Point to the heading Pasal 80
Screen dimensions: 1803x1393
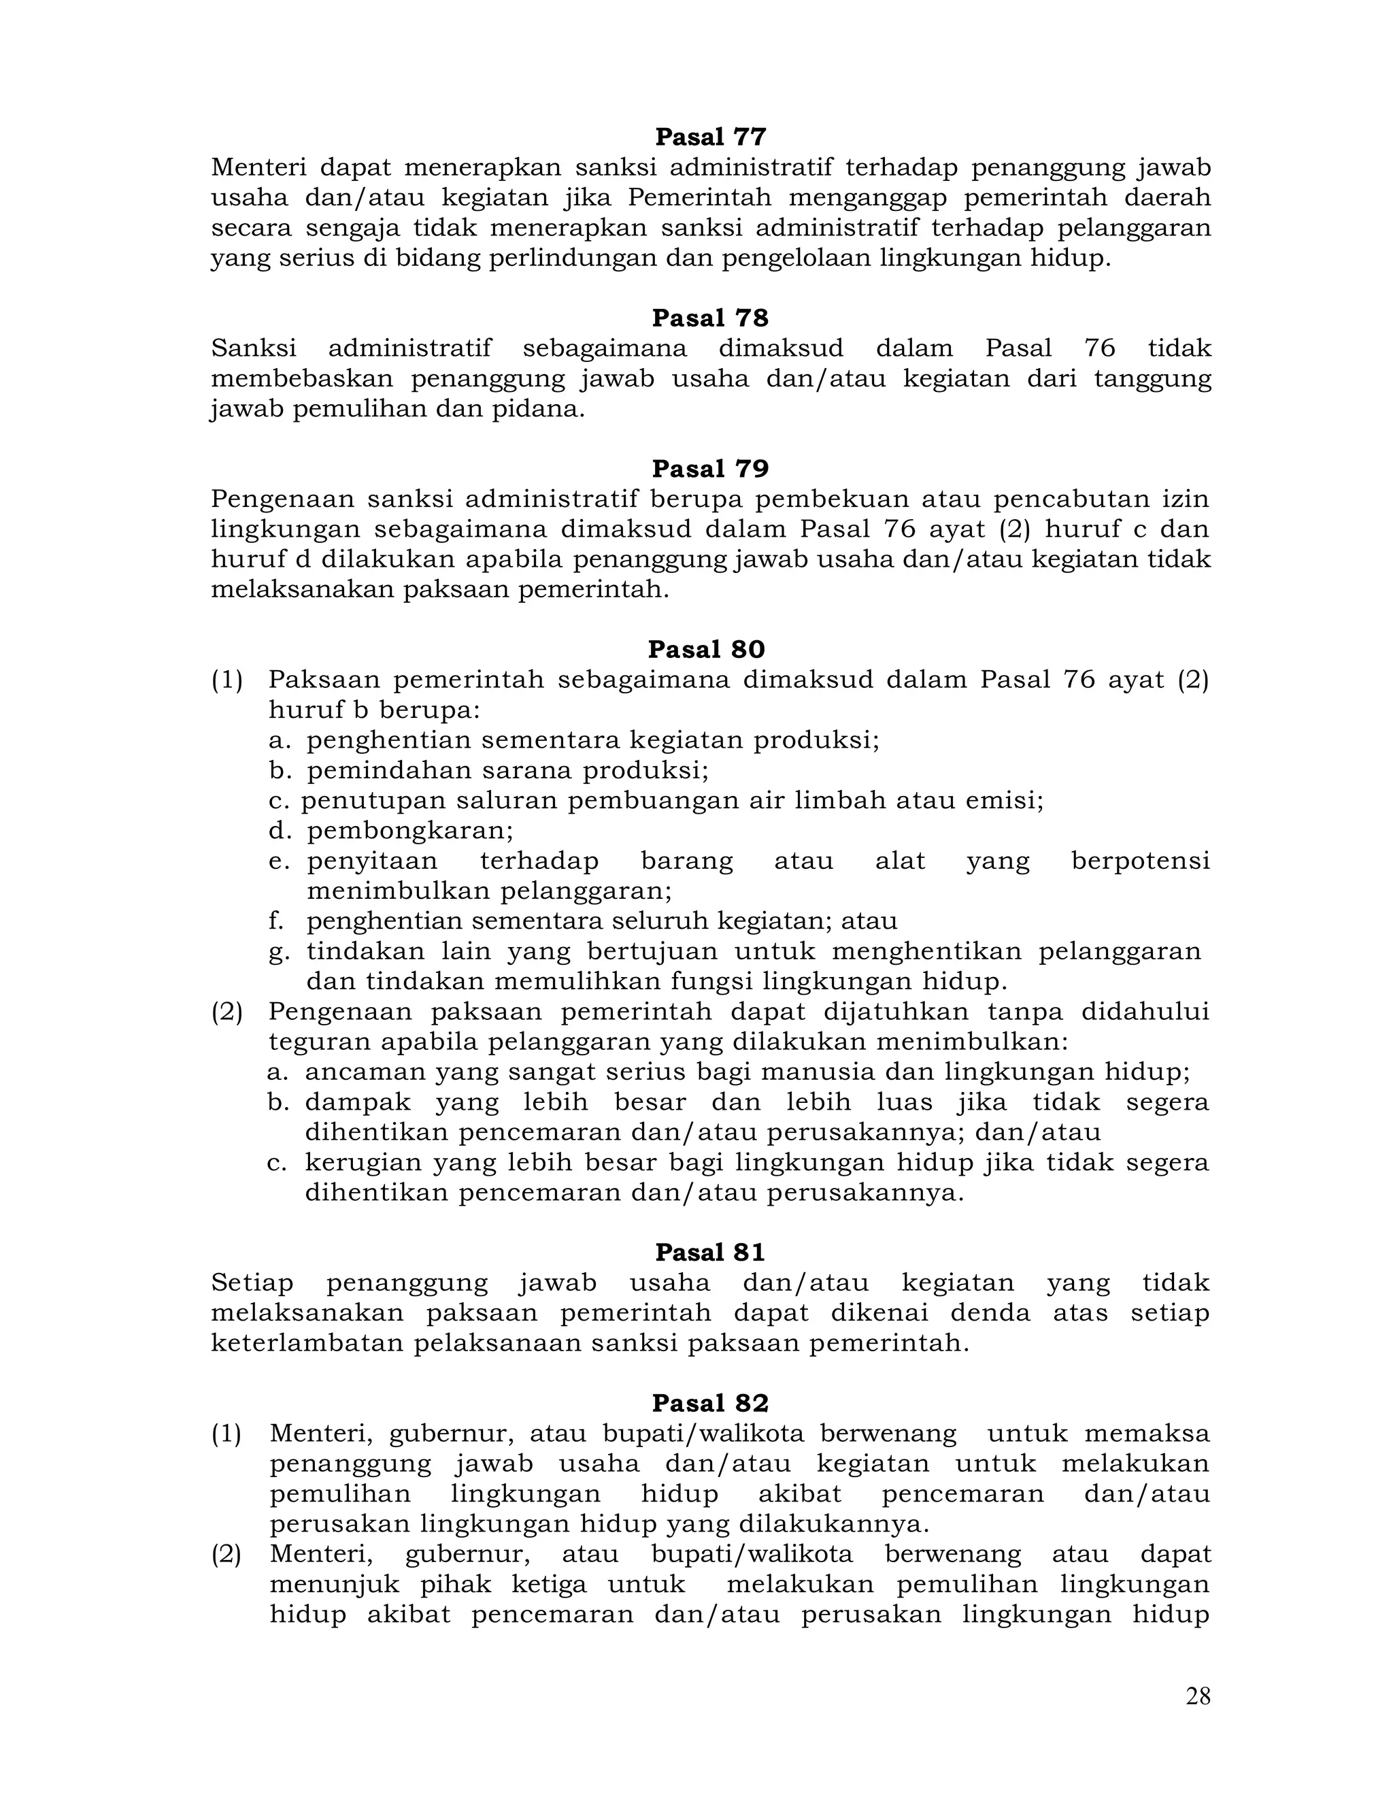(x=707, y=650)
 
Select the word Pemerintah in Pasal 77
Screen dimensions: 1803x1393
(x=700, y=198)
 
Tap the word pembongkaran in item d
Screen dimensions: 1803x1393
(x=409, y=831)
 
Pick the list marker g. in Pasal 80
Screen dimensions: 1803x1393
(x=279, y=952)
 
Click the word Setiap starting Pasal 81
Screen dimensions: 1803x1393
(x=252, y=1283)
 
